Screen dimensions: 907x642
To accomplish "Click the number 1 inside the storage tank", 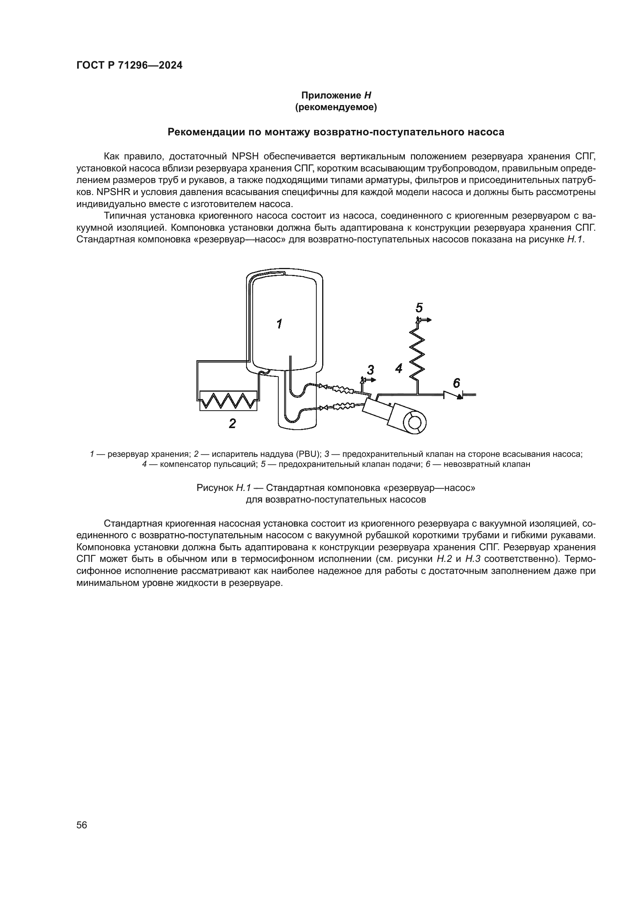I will point(279,324).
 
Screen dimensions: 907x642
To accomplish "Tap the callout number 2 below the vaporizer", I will point(233,424).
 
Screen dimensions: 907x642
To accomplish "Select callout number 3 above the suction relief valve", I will point(370,370).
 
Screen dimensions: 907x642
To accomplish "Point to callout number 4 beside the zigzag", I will point(399,369).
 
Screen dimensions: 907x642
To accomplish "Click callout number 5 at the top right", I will point(419,308).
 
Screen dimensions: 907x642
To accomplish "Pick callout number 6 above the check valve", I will point(456,383).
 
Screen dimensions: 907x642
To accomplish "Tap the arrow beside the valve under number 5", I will point(426,320).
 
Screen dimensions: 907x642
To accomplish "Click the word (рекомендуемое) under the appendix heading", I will point(336,107).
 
